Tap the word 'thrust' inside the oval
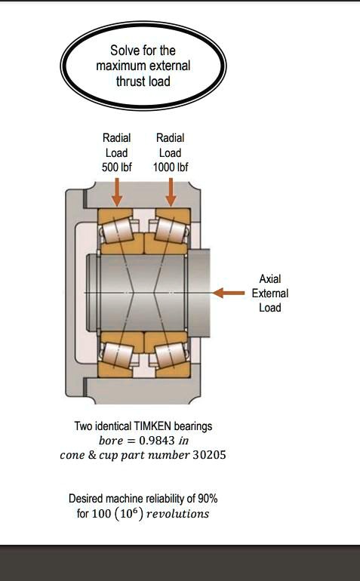pyautogui.click(x=132, y=81)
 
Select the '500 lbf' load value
pyautogui.click(x=116, y=167)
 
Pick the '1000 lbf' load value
pyautogui.click(x=170, y=167)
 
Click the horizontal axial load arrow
pyautogui.click(x=229, y=292)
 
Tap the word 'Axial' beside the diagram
pyautogui.click(x=269, y=278)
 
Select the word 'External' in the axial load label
pyautogui.click(x=269, y=293)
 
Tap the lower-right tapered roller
pyautogui.click(x=170, y=353)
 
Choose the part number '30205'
pyautogui.click(x=209, y=456)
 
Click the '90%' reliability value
pyautogui.click(x=208, y=499)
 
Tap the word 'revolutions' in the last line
pyautogui.click(x=177, y=514)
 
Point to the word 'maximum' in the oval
pyautogui.click(x=119, y=66)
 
